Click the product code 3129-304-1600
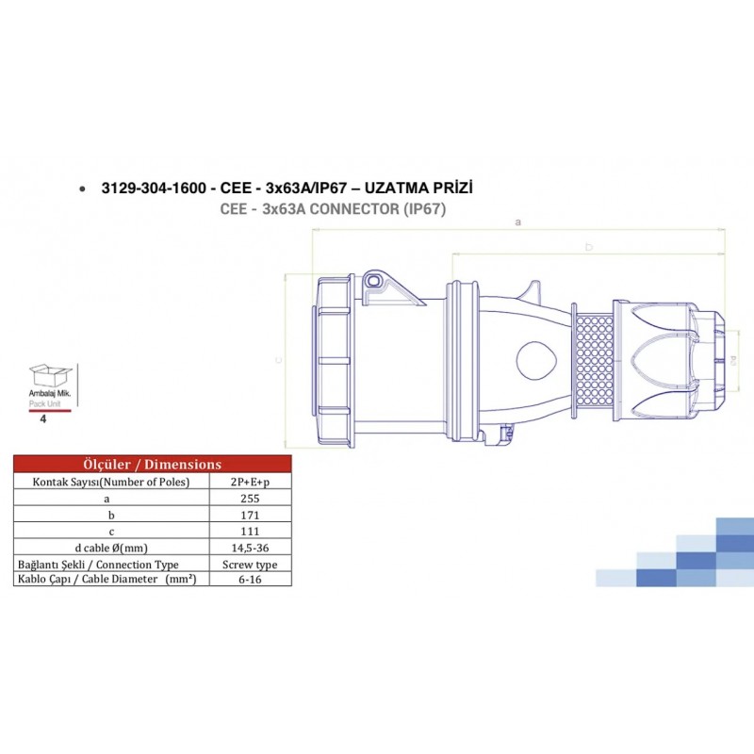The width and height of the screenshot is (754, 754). tap(155, 188)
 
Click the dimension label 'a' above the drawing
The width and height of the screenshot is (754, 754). tap(517, 222)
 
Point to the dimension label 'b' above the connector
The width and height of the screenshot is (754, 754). tap(588, 247)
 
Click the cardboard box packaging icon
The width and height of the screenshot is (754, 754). tap(46, 376)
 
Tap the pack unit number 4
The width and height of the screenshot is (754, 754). tap(44, 416)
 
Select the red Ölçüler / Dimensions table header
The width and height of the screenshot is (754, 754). tap(153, 464)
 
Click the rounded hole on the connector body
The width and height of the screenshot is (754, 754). tap(536, 360)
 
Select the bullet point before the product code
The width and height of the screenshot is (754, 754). tap(86, 189)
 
